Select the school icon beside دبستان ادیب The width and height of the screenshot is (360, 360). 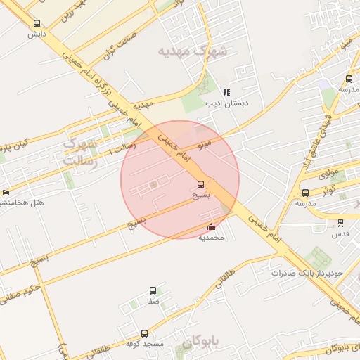coord(226,92)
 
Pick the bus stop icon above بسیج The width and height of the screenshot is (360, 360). coord(201,185)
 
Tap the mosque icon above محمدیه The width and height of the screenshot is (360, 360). coord(212,226)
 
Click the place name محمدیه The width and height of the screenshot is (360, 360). coord(211,238)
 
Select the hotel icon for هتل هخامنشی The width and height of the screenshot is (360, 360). coord(6,192)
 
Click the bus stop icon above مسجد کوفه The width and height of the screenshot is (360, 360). coord(145,333)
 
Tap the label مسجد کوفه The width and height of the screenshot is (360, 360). coord(145,344)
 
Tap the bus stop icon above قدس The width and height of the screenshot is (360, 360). coord(340,223)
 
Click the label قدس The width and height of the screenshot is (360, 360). coord(340,233)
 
